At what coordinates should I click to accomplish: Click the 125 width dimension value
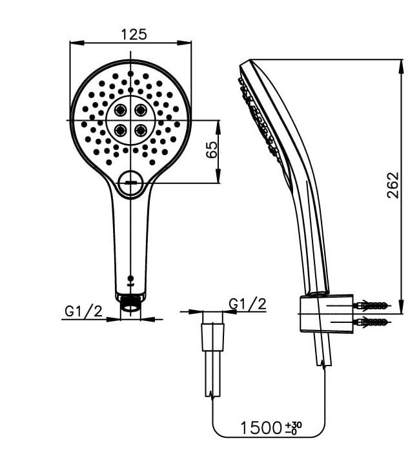pos(132,34)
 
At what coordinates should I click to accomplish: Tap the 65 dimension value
pos(210,150)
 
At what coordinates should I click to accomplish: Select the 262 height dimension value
pos(393,185)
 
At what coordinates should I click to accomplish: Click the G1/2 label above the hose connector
pos(248,304)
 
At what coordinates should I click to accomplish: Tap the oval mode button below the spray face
pos(132,185)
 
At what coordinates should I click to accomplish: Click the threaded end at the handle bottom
pos(131,302)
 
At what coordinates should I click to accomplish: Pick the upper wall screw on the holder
pos(373,304)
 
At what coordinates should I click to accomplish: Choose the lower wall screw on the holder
pos(373,321)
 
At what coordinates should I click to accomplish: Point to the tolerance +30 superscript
pos(296,424)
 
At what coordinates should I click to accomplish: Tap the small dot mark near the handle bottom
pos(131,274)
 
